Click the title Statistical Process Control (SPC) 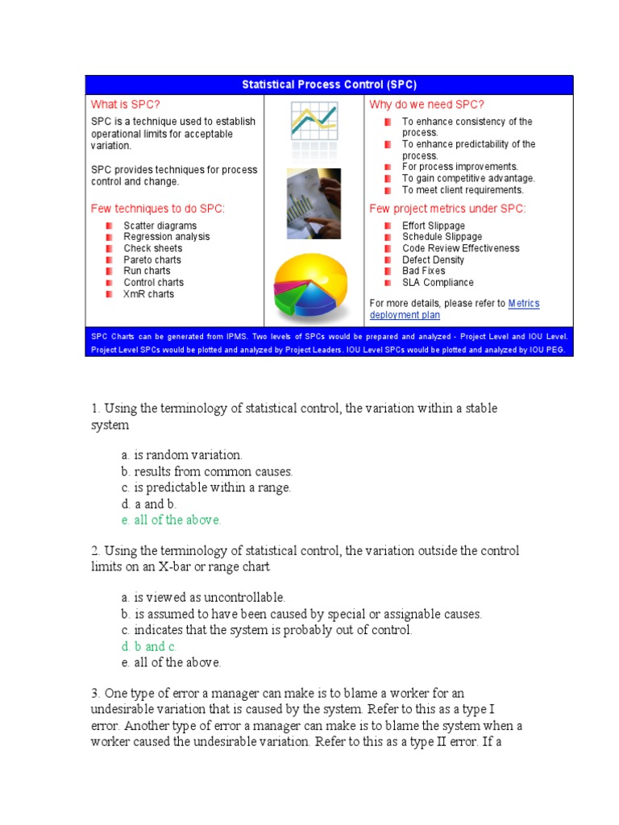tap(329, 85)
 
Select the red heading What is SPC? tap(125, 104)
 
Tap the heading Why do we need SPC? tap(426, 104)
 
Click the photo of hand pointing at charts tap(314, 203)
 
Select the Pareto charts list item tap(152, 260)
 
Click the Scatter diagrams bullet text tap(160, 226)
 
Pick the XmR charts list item tap(148, 294)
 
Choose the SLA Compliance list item tap(438, 283)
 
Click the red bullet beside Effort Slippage tap(388, 226)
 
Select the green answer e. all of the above tap(171, 520)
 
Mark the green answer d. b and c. tap(149, 646)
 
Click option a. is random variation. tap(181, 455)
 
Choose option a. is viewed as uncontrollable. tap(203, 597)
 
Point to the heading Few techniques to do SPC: tap(158, 209)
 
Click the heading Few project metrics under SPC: tap(447, 209)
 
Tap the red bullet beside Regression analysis tap(109, 238)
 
